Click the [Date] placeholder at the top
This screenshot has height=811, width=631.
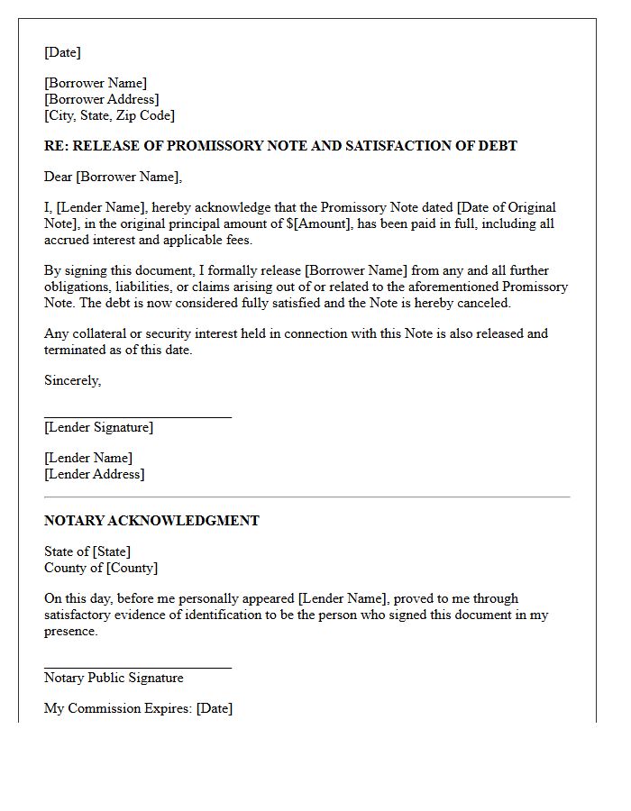(x=62, y=52)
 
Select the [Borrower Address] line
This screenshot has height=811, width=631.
(x=101, y=99)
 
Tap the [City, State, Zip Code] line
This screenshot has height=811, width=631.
(x=109, y=115)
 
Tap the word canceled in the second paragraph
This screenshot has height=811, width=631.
(x=483, y=303)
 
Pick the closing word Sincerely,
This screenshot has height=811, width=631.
(x=72, y=380)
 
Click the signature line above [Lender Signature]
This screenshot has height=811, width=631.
(x=138, y=417)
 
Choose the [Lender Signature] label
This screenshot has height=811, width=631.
(x=98, y=427)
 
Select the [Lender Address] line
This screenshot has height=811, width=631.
(x=94, y=474)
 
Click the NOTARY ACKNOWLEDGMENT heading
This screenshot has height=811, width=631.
(x=151, y=521)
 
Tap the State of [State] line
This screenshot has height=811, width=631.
(x=87, y=551)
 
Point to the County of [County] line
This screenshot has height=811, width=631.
(x=101, y=568)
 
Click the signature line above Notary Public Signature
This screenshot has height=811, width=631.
(x=138, y=668)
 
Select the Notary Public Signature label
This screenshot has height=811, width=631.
(x=114, y=678)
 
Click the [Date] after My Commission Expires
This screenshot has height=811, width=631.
(x=215, y=708)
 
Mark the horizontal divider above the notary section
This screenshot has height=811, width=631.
(x=306, y=497)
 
